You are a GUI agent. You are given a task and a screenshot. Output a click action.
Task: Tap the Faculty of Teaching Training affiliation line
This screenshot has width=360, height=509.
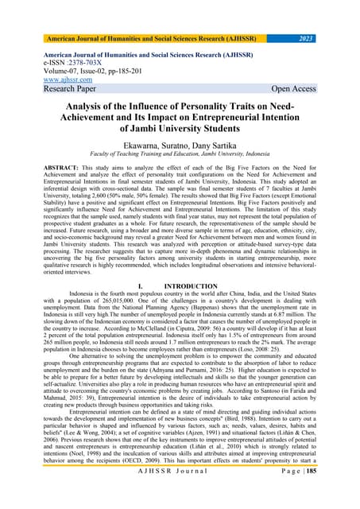coord(180,157)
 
